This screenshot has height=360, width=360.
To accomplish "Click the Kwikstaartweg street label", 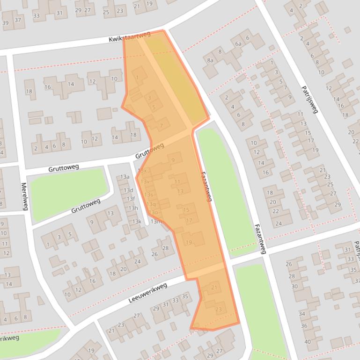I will pos(130,38).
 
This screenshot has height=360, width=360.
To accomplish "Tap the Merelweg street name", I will pos(24,196).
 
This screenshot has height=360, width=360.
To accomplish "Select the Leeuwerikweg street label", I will pos(148,293).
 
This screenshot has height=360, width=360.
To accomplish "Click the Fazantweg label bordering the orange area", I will pos(206,186).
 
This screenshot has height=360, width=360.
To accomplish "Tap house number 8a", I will pos(210,60).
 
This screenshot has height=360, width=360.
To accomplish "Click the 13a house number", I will pos(125,177).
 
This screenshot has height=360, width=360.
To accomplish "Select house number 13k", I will pos(136,222).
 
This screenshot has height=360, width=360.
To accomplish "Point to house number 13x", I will pos(142,171).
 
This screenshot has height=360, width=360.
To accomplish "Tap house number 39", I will pos(6,22).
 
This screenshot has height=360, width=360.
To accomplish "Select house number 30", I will pos(294,287).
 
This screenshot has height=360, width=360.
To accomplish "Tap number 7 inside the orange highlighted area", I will pos(162,126).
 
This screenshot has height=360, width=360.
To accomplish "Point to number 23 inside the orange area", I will pos(219,309).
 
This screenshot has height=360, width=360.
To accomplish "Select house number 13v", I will pos(145,181).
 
